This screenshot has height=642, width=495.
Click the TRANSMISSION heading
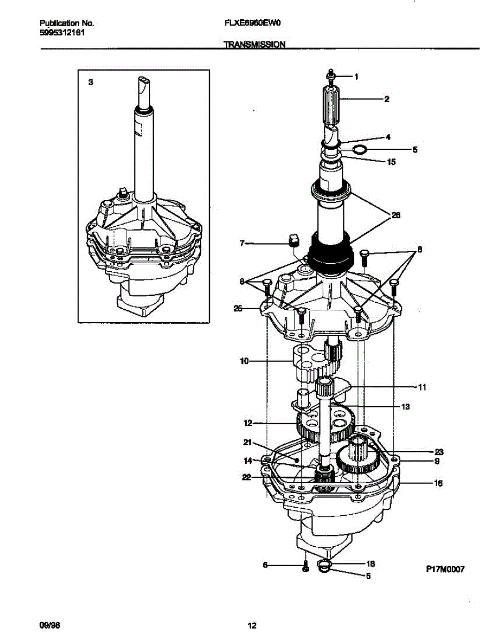[254, 45]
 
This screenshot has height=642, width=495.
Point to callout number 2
[401, 99]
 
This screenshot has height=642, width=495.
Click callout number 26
[396, 216]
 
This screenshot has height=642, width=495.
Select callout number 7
[242, 243]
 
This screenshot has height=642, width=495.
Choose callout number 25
[238, 308]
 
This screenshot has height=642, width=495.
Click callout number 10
[244, 361]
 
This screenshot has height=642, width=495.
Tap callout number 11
[422, 387]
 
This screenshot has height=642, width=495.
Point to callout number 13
[405, 407]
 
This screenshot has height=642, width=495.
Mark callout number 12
[247, 423]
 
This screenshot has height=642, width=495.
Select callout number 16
[438, 483]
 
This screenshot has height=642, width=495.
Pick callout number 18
[370, 564]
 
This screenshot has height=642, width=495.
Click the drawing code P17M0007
[445, 570]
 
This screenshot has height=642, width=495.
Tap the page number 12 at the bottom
[252, 625]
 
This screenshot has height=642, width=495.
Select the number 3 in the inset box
[90, 82]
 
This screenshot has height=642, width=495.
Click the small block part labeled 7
[293, 239]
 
